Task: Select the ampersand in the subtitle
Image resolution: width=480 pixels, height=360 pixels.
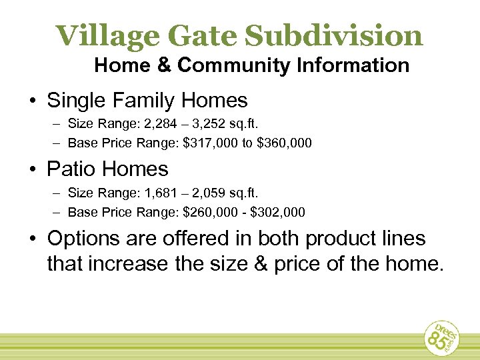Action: coord(169,65)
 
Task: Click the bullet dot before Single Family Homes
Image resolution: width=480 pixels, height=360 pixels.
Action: coord(33,101)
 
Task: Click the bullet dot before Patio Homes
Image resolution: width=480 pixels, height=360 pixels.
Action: coord(33,170)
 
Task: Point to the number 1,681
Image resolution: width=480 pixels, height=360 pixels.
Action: coord(161,193)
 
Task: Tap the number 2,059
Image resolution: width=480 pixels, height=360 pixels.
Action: coord(217,193)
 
